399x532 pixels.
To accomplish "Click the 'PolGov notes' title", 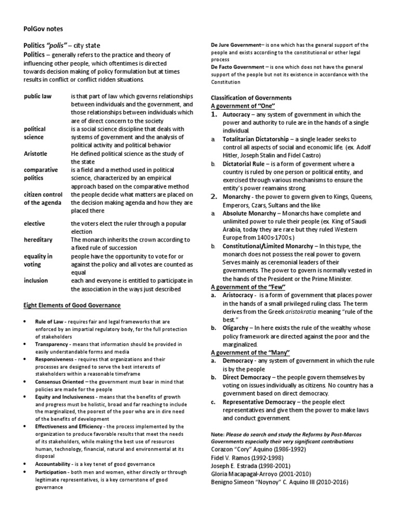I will [x=45, y=29].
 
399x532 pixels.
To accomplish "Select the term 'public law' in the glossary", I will [x=38, y=97].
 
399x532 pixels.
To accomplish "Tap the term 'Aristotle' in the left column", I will [x=36, y=154].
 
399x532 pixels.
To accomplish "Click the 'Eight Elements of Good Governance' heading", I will [x=72, y=305].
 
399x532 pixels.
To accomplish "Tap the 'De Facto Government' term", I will [x=238, y=67].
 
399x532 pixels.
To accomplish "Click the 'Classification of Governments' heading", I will [x=251, y=98].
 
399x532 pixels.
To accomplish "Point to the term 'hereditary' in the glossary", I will [x=36, y=241].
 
